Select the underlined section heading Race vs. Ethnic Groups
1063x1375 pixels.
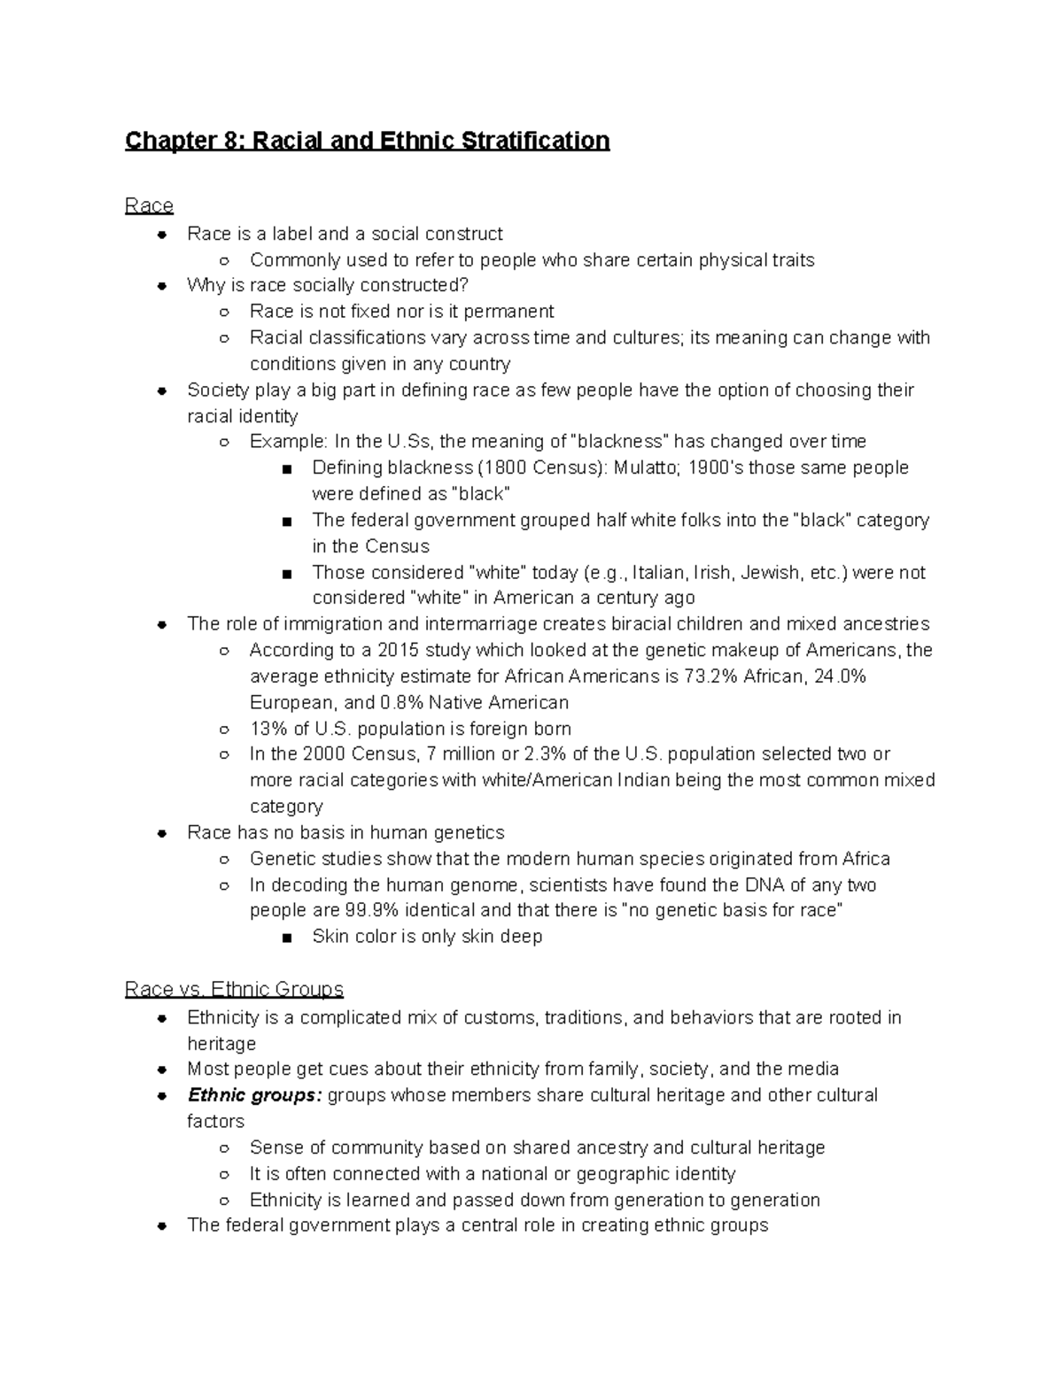point(234,989)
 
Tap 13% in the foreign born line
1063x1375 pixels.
point(268,729)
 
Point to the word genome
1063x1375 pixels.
point(488,884)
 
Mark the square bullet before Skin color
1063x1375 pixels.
point(286,938)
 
